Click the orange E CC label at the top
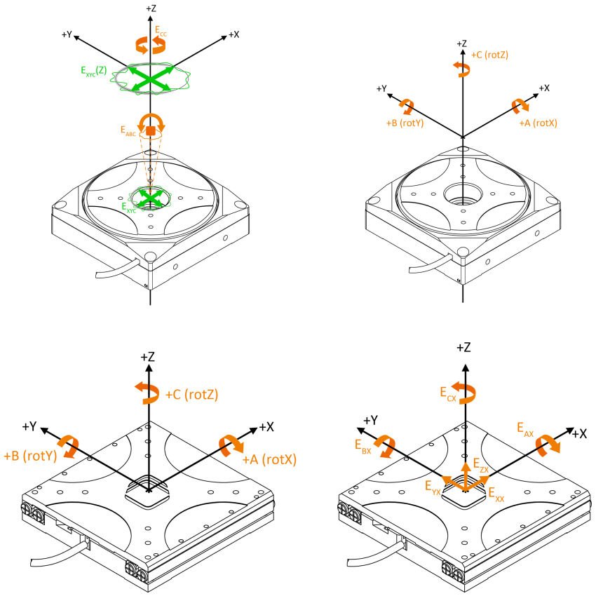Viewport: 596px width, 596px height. (161, 31)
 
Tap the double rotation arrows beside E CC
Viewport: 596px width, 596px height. (150, 45)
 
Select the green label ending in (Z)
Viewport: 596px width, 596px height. (94, 70)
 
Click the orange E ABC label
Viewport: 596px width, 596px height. (128, 130)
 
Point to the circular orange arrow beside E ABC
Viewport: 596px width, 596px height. (151, 127)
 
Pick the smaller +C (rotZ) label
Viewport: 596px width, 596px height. (489, 55)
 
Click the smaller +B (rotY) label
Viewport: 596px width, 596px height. (405, 123)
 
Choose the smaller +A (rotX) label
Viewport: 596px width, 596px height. (538, 123)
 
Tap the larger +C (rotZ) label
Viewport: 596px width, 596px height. (191, 395)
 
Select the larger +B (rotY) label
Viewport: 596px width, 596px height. (30, 456)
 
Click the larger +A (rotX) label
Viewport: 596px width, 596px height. (269, 460)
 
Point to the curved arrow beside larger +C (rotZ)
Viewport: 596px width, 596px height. (147, 393)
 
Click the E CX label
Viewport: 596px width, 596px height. (448, 393)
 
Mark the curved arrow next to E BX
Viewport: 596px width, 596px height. (385, 446)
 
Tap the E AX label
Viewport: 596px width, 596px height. (525, 429)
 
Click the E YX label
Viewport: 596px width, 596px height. (433, 487)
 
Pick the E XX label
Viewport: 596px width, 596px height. (496, 494)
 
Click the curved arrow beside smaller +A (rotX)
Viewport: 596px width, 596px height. (520, 106)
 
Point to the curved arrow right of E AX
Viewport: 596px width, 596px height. (548, 445)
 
